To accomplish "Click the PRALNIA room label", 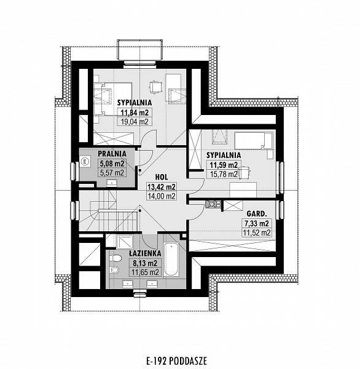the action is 112,154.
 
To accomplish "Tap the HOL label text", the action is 162,177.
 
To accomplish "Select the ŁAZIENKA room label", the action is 146,253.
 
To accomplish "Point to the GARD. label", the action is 257,213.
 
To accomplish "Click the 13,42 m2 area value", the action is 162,187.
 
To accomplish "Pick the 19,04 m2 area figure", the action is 135,121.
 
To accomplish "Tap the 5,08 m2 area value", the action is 112,164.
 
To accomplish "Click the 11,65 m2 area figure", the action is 145,272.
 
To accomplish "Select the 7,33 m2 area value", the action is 256,223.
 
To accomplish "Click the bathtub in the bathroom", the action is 171,260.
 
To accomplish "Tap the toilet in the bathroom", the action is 115,258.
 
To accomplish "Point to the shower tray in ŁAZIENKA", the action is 125,242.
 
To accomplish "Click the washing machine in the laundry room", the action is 85,161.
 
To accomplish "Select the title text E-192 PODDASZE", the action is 177,361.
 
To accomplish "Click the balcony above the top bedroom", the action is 140,50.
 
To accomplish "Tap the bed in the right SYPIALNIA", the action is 254,140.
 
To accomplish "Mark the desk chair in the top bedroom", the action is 155,87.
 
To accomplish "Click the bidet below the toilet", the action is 115,270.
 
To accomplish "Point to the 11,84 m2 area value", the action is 135,113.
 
